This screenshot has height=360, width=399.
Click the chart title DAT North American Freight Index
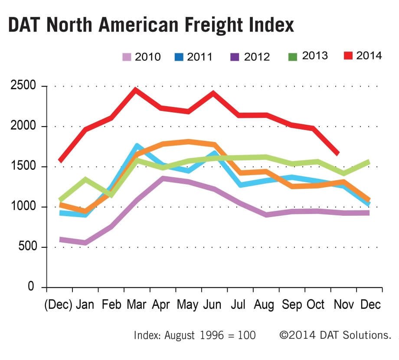click(x=151, y=25)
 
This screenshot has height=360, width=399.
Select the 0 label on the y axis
click(x=31, y=286)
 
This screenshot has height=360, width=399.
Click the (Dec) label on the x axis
click(x=58, y=305)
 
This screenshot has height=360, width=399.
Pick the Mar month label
click(x=136, y=305)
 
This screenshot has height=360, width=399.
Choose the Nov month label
click(x=343, y=305)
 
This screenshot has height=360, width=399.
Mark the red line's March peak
click(x=135, y=89)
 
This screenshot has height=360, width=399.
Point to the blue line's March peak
click(x=136, y=146)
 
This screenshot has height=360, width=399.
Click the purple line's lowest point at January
click(x=85, y=243)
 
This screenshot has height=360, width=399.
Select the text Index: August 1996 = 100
click(x=195, y=335)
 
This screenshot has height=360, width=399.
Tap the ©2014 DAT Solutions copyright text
click(x=335, y=335)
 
